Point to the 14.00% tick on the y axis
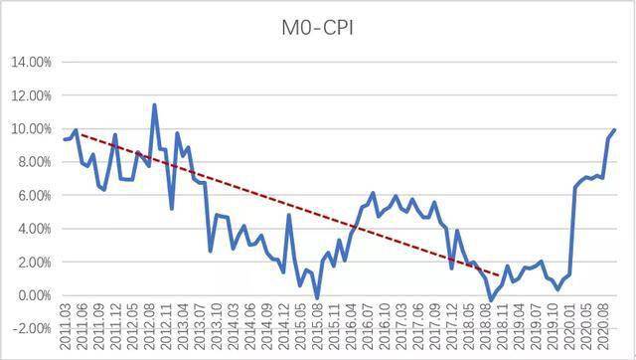[x=31, y=62]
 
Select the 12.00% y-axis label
[x=31, y=95]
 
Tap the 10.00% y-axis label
[x=31, y=129]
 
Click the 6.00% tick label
[x=33, y=196]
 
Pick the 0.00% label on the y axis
[x=33, y=295]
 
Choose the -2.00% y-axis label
[x=31, y=329]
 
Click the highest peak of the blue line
[x=154, y=104]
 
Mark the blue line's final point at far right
[x=615, y=130]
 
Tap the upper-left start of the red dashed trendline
[x=79, y=133]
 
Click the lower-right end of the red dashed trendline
[x=500, y=275]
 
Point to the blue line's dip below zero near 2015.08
[x=317, y=298]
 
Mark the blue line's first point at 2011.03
[x=64, y=139]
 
